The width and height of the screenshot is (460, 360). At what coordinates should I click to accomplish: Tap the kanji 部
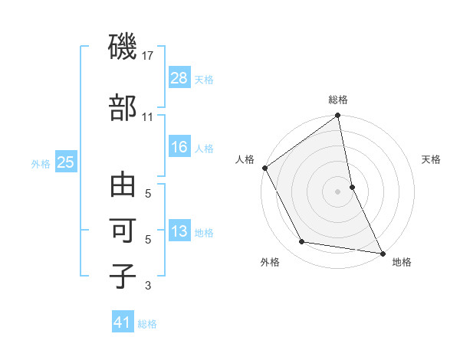click(x=123, y=108)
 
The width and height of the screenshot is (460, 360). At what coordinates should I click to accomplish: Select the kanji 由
click(x=123, y=185)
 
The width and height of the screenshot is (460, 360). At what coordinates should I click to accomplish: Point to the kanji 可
click(x=123, y=231)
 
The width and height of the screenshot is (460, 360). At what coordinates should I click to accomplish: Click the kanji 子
click(x=123, y=277)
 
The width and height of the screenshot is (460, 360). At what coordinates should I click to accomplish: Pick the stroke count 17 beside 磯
click(x=148, y=56)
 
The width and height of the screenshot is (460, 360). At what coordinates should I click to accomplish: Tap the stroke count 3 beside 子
click(x=148, y=286)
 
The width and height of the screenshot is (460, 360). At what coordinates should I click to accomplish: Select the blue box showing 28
click(x=179, y=78)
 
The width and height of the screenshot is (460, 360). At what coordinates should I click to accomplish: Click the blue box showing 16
click(x=179, y=147)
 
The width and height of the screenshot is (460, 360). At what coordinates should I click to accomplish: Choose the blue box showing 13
click(x=179, y=231)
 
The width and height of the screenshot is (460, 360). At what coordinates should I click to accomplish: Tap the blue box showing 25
click(x=66, y=162)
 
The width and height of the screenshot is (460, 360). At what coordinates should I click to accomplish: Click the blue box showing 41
click(x=123, y=322)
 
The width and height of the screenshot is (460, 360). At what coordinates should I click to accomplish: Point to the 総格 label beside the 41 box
click(x=147, y=324)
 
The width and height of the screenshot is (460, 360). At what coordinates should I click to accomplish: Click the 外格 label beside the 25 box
click(x=41, y=163)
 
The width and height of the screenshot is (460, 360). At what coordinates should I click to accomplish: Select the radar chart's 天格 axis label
click(x=432, y=159)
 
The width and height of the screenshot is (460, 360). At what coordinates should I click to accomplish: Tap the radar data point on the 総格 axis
click(x=337, y=116)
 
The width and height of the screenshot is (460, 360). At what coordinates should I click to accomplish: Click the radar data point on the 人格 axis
click(x=265, y=168)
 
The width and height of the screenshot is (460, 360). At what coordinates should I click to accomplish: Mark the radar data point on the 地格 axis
click(x=382, y=252)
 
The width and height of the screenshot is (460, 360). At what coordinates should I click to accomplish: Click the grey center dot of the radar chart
click(x=337, y=191)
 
